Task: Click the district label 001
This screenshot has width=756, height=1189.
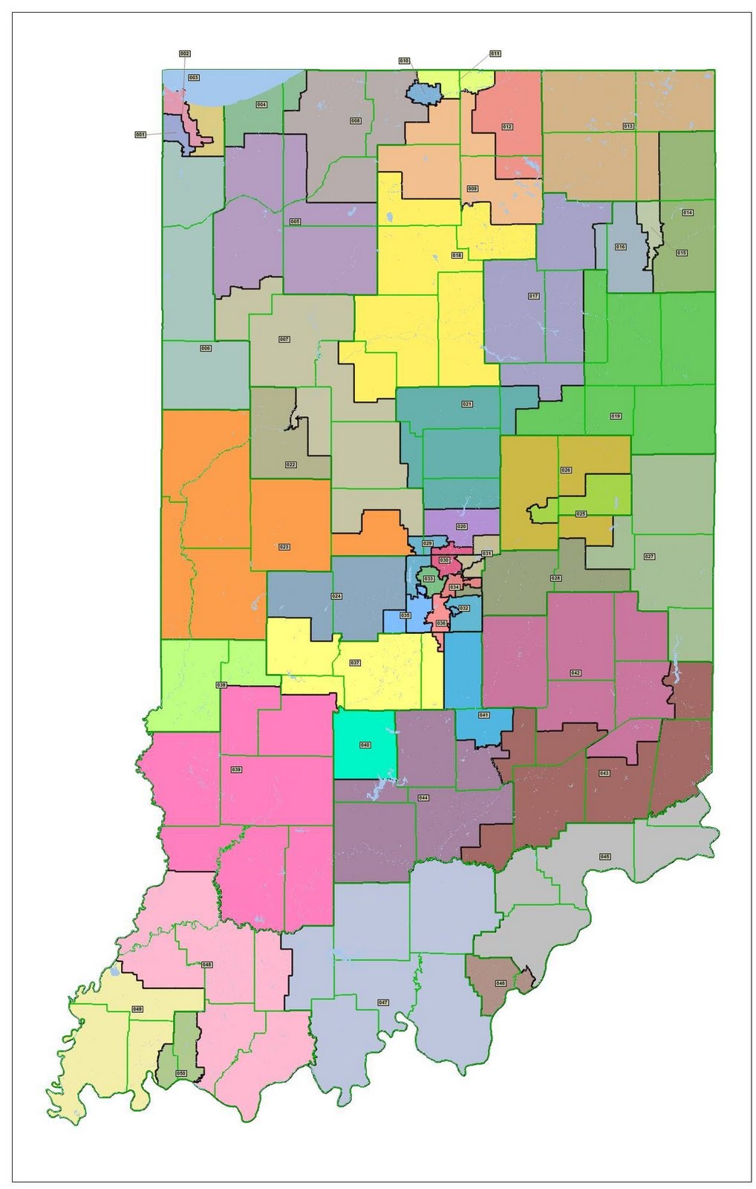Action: coord(140,135)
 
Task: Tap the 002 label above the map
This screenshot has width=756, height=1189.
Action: coord(185,54)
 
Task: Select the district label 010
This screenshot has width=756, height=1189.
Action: coord(404,61)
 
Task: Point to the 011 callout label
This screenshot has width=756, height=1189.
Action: coord(495,54)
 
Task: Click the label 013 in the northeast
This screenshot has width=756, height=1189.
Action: coord(628,126)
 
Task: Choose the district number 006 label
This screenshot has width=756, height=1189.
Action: coord(206,348)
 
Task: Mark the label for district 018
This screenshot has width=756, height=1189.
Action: coord(457,255)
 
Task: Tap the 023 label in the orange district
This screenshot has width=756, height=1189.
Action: coord(284,547)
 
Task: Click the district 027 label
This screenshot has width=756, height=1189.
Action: coord(650,556)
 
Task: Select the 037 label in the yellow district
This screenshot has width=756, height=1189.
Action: coord(355,663)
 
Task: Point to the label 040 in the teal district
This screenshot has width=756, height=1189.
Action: coord(365,745)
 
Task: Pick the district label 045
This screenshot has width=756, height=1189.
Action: coord(605,857)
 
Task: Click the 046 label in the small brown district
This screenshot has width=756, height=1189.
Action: coord(501,984)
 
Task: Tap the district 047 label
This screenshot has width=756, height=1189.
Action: coord(383,1002)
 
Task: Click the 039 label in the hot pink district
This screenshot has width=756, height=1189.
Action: coord(237,769)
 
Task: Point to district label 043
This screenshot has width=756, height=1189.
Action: coord(604,774)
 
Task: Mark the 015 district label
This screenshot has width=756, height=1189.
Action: coord(681,253)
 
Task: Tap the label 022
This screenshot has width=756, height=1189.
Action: coord(290,464)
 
